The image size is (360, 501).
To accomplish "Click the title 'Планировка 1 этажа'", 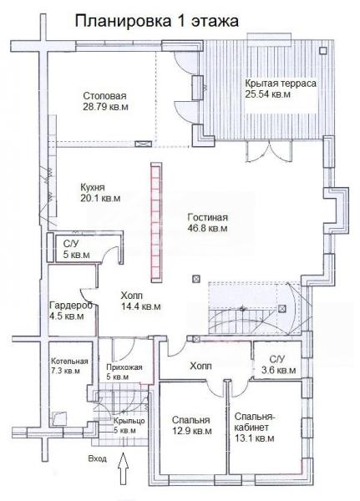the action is coord(157,22).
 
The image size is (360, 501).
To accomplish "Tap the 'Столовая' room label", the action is coord(105,96).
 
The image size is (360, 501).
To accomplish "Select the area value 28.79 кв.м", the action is coord(105,107).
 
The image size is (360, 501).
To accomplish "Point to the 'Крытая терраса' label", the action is coord(281,83).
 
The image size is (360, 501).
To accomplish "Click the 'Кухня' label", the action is coord(93,187).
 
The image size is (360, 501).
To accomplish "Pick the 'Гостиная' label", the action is coord(208,218).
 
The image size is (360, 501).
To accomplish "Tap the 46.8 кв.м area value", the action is coord(207,229).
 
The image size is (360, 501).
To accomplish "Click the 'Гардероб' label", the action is coord(71,306).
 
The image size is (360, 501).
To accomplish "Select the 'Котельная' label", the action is coord(69,362).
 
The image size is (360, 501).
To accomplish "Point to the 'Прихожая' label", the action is coord(124,367).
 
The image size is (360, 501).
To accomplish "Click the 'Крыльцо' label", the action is coord(129,421).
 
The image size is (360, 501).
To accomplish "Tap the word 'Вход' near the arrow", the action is coord(97,459).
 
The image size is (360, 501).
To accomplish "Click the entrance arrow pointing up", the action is coord(123,469).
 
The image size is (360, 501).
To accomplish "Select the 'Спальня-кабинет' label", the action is coord(255,422).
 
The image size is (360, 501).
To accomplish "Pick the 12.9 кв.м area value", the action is coord(192,431).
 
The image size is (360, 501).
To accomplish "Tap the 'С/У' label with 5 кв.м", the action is coord(71,244).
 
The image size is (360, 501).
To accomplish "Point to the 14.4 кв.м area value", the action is coord(141,306).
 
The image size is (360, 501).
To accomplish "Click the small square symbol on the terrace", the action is coord(323,50).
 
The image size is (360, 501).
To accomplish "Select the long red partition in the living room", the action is coord(156,222).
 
